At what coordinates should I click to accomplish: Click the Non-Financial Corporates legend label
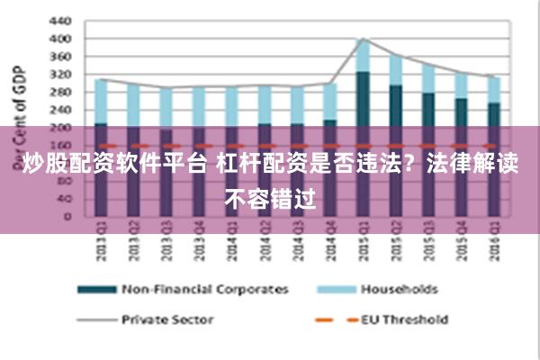204,289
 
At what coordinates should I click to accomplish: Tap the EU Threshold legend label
404,318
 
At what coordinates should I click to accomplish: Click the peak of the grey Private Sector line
363,39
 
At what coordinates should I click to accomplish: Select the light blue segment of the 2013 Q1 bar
101,101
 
